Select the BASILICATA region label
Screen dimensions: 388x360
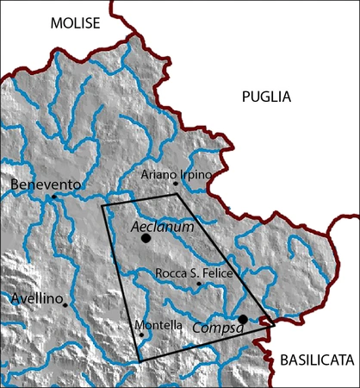317,360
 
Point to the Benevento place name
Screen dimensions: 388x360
47,185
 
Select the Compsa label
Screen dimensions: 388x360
213,328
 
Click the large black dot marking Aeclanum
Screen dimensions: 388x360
146,237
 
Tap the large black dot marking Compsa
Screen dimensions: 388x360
243,320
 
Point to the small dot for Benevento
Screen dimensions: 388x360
53,197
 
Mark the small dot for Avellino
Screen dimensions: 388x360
65,304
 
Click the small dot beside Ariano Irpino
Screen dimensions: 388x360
175,183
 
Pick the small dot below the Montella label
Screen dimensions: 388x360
141,335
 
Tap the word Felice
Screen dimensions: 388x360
215,273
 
